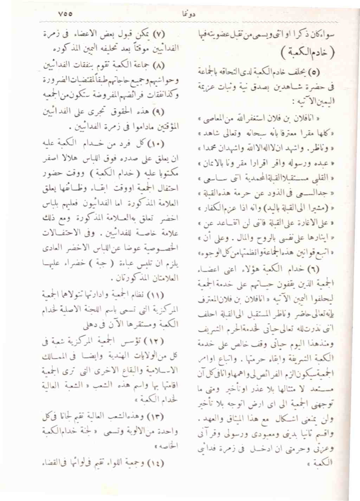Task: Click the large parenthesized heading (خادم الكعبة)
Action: pos(308,52)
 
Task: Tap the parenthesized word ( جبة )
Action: pos(102,263)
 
